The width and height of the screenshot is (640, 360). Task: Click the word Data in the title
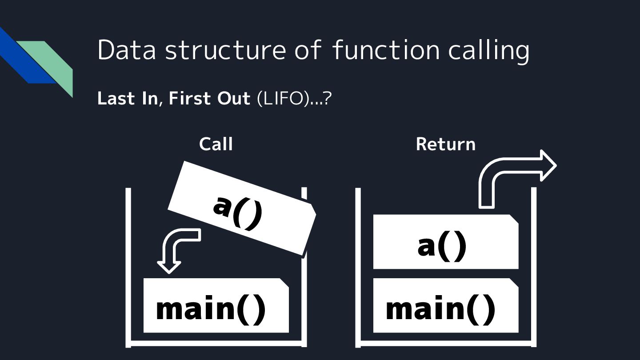pos(126,49)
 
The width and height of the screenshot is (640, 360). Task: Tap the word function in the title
pos(386,49)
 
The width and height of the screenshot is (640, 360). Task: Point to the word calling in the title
pos(488,50)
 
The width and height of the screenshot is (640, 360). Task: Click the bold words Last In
pos(127,98)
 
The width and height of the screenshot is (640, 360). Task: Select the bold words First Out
pos(209,98)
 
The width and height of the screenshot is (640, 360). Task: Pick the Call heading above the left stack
pos(216,144)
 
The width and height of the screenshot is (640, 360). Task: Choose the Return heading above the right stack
pos(445,144)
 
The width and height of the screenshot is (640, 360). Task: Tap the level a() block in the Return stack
pos(445,242)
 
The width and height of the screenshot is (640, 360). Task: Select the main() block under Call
pos(216,306)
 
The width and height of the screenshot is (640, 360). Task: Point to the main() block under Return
pos(445,306)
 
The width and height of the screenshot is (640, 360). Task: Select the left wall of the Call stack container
pos(128,267)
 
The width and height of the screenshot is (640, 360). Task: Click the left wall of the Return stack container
pos(358,267)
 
